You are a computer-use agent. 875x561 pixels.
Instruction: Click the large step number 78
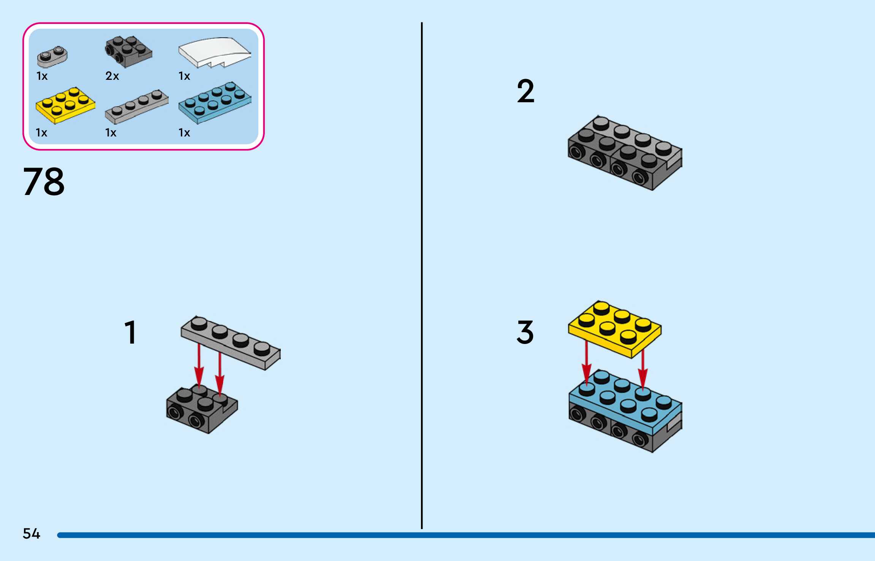44,182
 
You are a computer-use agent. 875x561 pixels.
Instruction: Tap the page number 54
31,534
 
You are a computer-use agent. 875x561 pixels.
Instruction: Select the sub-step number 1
130,332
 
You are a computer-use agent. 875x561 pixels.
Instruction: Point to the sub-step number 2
525,91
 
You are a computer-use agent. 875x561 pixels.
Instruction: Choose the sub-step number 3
525,332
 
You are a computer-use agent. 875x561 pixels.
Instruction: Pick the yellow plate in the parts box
65,105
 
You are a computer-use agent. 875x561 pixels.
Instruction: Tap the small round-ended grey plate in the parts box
52,56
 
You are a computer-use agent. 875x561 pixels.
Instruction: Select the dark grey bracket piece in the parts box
128,51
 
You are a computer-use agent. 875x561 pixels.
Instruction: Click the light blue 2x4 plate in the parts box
215,102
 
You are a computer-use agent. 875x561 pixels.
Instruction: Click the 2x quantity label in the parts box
112,76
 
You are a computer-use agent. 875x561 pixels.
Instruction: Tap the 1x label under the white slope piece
184,76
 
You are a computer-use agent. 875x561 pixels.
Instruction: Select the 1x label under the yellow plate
41,133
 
